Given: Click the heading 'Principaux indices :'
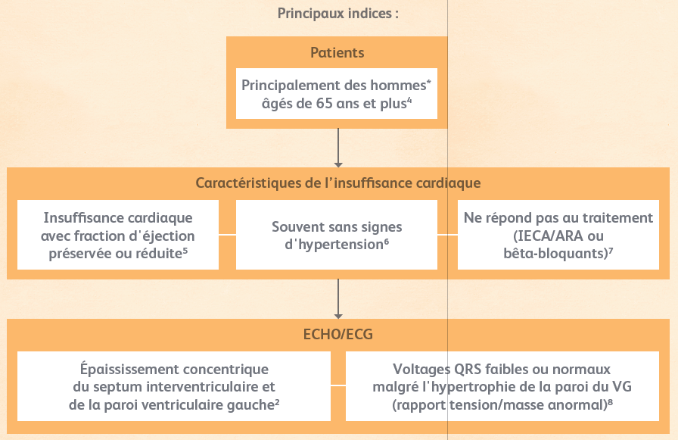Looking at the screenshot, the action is coord(337,14).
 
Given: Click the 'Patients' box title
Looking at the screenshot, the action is coord(337,53).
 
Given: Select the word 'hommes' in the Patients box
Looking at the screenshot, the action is coord(399,86).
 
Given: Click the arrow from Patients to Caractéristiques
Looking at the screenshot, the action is coord(338,148).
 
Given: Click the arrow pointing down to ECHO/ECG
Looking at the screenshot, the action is coord(338,299).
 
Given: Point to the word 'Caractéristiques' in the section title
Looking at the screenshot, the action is coord(248,183).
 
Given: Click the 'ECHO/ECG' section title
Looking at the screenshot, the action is coord(338,335).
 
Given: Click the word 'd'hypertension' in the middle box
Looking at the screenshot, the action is coord(334,245).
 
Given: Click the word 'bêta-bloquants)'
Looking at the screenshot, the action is coord(555,254).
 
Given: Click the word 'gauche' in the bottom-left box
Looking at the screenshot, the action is coord(250,405).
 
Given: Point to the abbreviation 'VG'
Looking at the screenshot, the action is coord(622,387).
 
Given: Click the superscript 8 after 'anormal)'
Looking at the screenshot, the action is coord(610,402).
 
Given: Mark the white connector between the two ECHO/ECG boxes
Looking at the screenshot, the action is coord(338,385).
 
